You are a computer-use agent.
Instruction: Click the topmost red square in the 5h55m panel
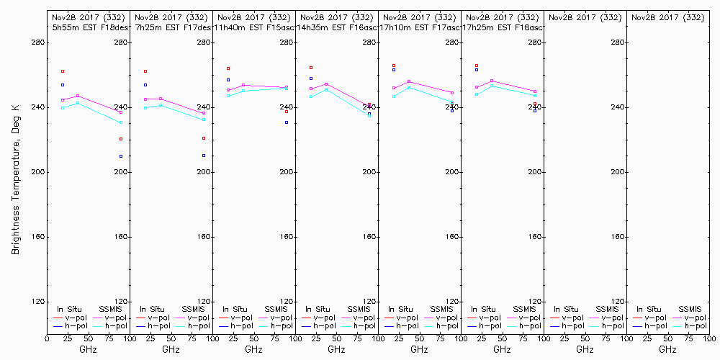pyautogui.click(x=63, y=71)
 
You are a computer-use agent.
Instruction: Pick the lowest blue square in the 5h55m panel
pyautogui.click(x=121, y=156)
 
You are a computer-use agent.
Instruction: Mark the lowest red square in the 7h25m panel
pyautogui.click(x=204, y=138)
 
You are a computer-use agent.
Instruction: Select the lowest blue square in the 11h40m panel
pyautogui.click(x=287, y=122)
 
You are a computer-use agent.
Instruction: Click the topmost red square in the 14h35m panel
pyautogui.click(x=311, y=68)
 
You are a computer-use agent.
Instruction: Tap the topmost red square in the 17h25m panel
pyautogui.click(x=477, y=66)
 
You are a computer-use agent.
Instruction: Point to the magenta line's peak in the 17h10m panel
pyautogui.click(x=409, y=81)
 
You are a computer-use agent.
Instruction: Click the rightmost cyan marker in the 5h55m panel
pyautogui.click(x=121, y=122)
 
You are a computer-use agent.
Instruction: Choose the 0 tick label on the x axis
pyautogui.click(x=47, y=338)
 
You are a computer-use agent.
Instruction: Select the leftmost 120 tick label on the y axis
pyautogui.click(x=37, y=302)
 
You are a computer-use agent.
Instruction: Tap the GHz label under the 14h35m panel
pyautogui.click(x=336, y=349)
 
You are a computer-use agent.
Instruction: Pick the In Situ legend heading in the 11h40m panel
pyautogui.click(x=235, y=309)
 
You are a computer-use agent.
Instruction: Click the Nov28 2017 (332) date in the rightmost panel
pyautogui.click(x=667, y=17)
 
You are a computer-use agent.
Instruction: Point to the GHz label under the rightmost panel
pyautogui.click(x=667, y=349)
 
